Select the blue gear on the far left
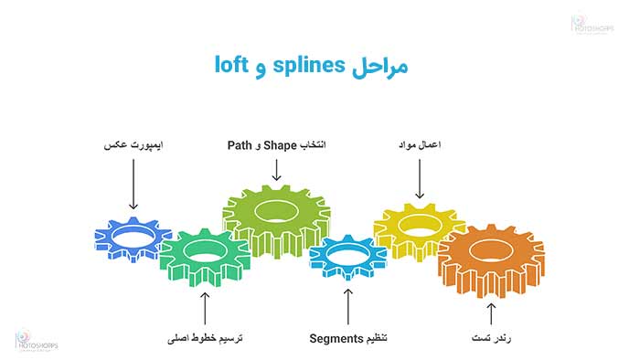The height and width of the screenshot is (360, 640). coord(133,238)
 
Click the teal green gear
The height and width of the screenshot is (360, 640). coord(204,256)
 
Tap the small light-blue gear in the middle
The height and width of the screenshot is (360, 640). coord(347,253)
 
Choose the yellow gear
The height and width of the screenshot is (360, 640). coord(419,227)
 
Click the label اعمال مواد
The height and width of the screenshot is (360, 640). coord(418,144)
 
